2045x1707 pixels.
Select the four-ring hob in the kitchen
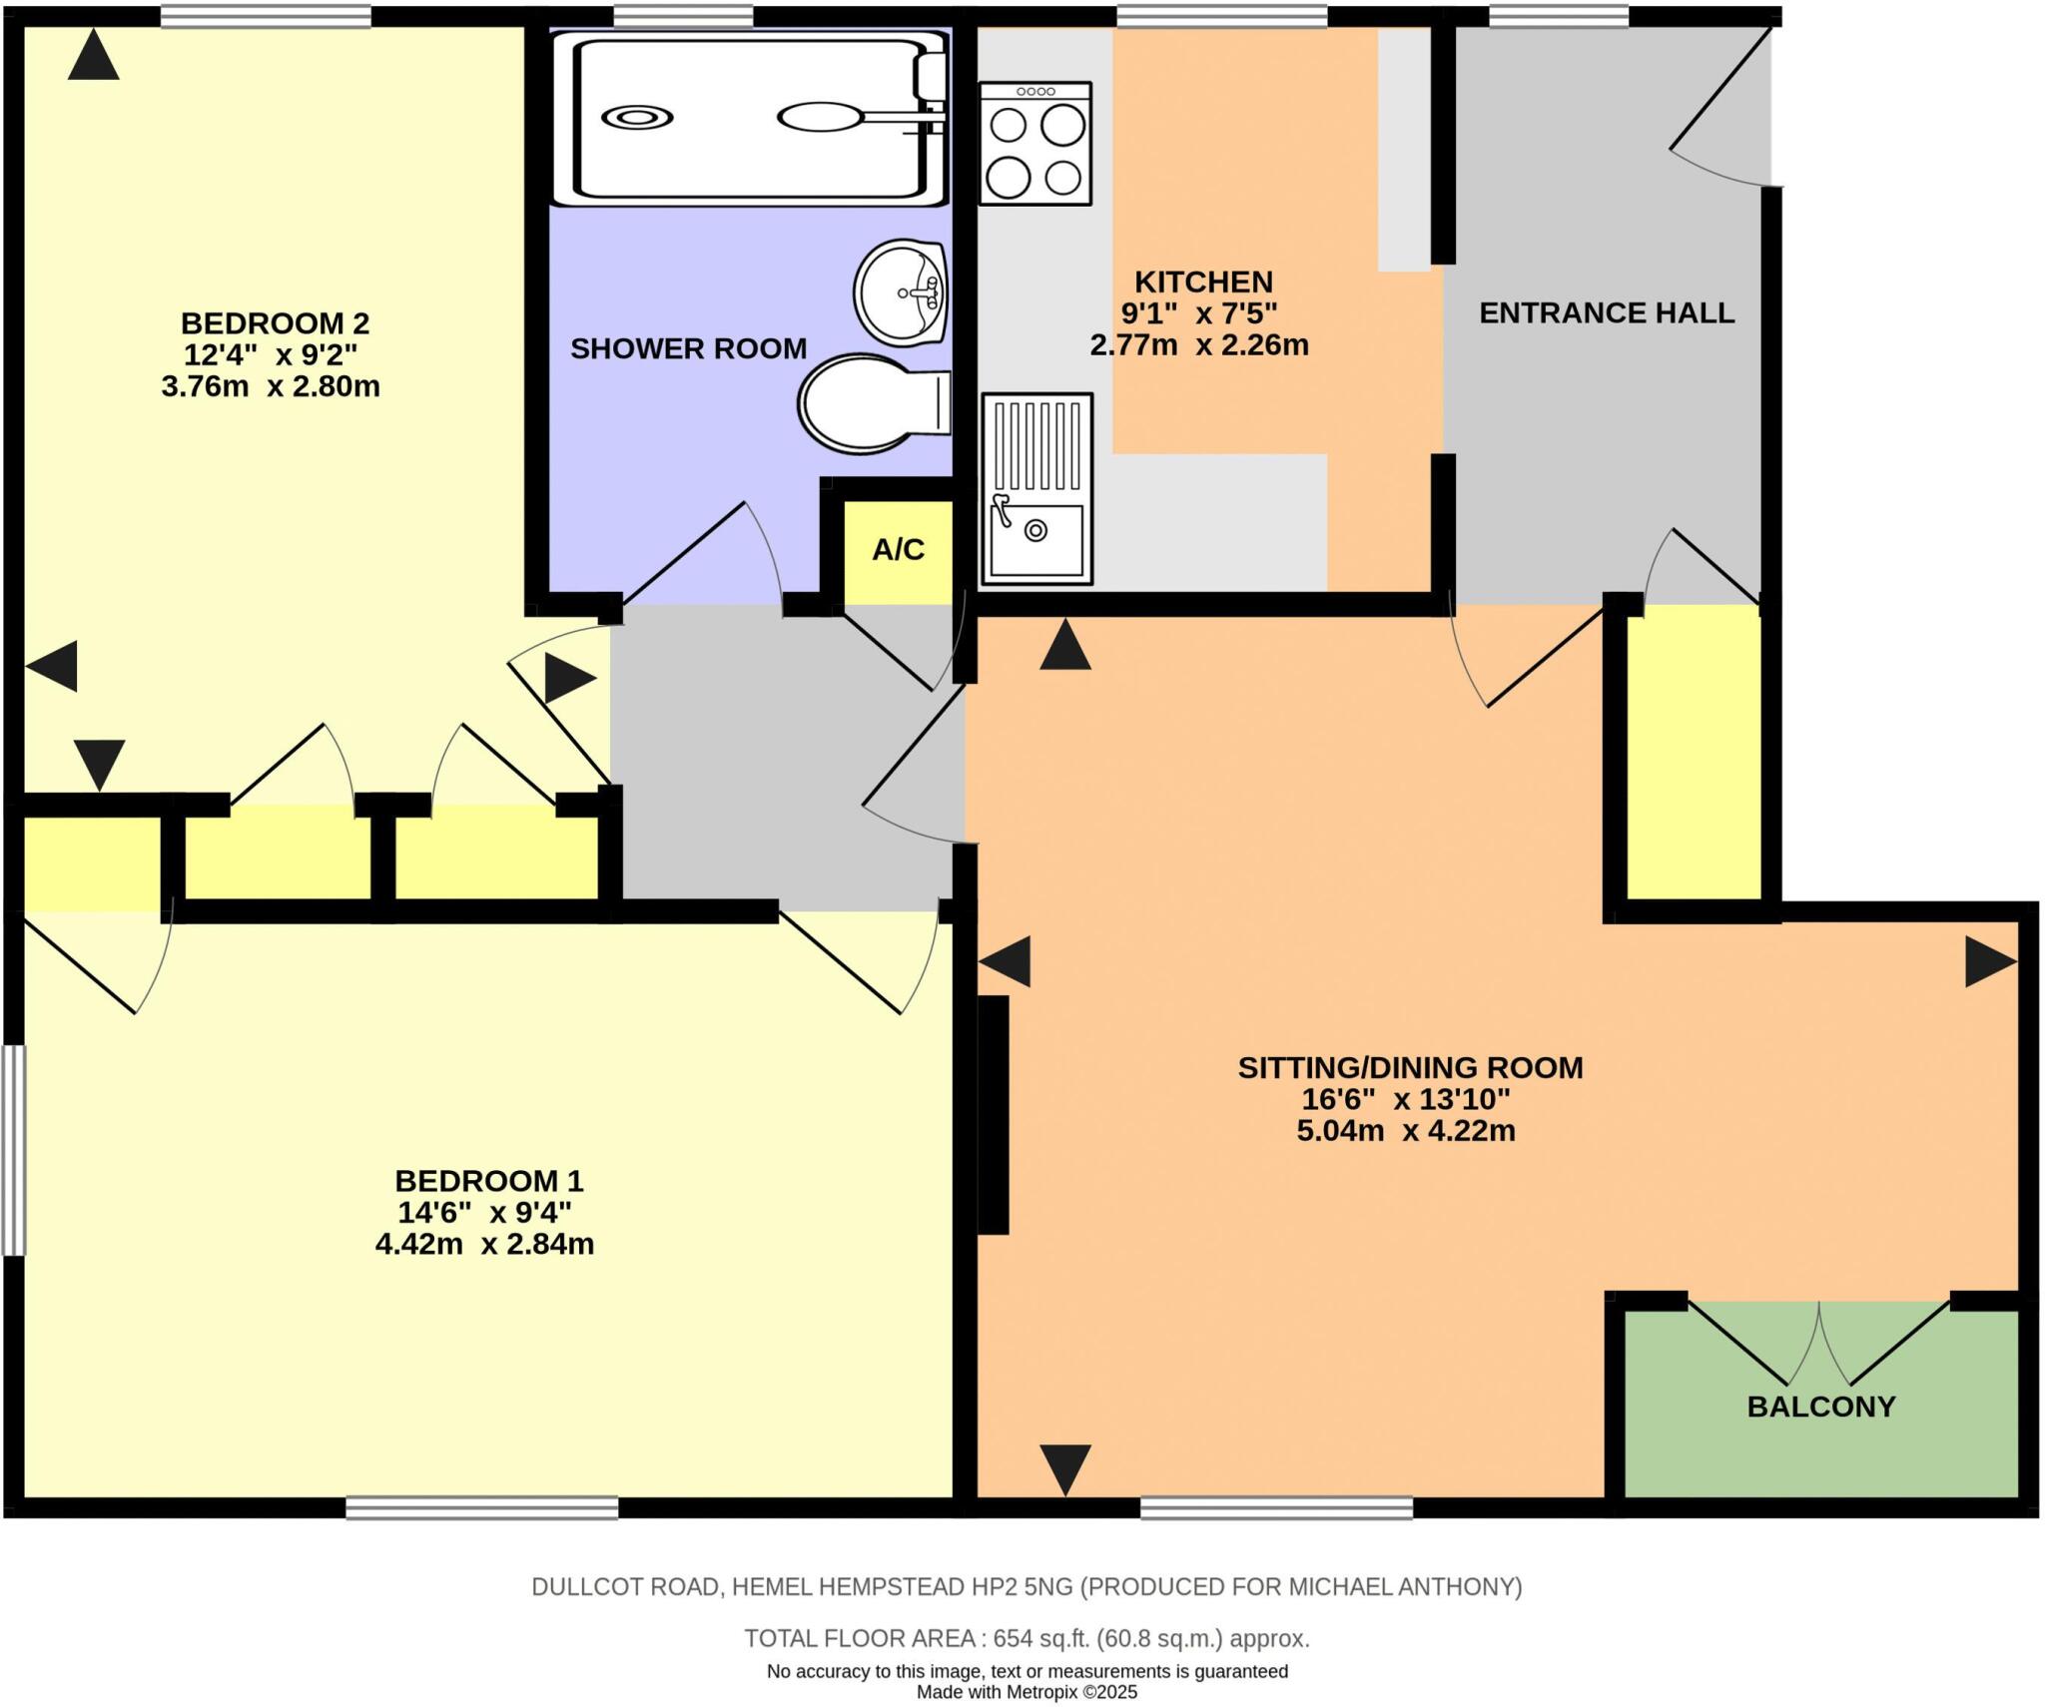1035,144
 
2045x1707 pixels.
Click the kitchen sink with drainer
1036,488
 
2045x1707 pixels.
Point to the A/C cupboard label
898,550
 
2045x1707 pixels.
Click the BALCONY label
1820,1407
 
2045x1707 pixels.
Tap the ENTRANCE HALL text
1606,313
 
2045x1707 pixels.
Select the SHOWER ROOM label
688,348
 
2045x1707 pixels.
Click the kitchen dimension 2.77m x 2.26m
1198,345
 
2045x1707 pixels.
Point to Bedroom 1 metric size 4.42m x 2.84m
484,1244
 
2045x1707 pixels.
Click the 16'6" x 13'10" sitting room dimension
1405,1099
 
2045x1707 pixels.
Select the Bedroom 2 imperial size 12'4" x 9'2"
271,354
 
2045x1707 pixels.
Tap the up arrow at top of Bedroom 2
94,56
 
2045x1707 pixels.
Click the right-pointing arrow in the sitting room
1989,962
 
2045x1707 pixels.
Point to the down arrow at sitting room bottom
1064,1469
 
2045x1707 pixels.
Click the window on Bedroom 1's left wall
12,1149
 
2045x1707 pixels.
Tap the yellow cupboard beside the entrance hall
1694,753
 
